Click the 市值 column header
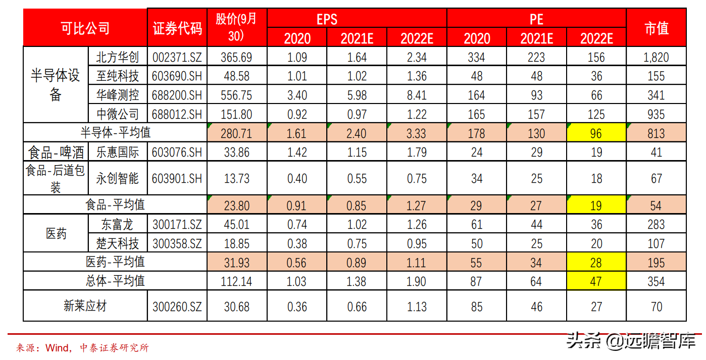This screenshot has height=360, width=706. coord(656,28)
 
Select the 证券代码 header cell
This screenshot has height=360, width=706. coord(177,29)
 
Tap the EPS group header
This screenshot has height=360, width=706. coord(327,19)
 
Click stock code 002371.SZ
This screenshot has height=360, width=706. coord(177,58)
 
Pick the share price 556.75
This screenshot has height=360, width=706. coord(236,95)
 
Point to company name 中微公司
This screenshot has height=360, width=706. coord(117,114)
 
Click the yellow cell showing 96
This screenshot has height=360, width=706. coord(596,133)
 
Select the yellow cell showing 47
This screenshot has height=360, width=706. coord(596,281)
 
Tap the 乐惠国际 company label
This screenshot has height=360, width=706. coord(117,152)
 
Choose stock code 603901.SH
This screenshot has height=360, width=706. coord(177,179)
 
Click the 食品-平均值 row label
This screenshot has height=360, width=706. coord(115,205)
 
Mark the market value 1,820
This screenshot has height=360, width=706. coord(656,58)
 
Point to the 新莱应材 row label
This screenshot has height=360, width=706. coord(85,306)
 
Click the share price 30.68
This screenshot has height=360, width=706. coord(237,306)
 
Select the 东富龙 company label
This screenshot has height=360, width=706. coord(117,225)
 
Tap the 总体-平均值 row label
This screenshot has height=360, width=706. coord(115,281)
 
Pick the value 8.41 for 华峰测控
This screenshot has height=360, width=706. coord(417,95)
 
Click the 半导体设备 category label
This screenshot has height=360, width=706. coord(56,85)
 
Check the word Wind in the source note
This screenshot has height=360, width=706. coord(57,348)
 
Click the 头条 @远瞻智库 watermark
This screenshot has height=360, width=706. coord(631,341)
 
